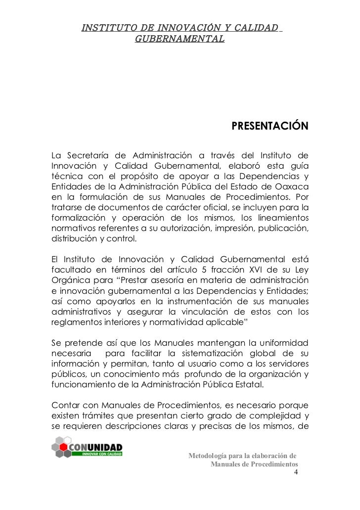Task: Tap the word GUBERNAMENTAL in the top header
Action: pyautogui.click(x=179, y=38)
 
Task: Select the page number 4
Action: pyautogui.click(x=296, y=473)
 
